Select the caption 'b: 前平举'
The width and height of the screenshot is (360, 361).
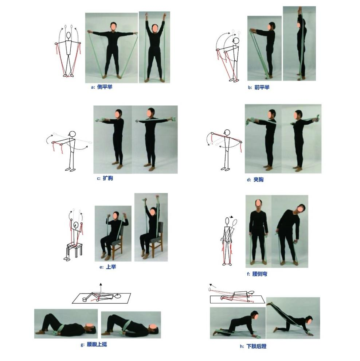(x=259, y=88)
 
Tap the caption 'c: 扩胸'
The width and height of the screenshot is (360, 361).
(x=105, y=178)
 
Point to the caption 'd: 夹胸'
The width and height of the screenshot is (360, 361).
(x=255, y=179)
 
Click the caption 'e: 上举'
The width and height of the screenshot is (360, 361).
(x=107, y=267)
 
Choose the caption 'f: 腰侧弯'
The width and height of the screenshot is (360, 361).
(x=257, y=274)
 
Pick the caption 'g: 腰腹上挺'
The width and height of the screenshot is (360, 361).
(x=94, y=345)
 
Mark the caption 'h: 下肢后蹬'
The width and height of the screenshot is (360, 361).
(x=253, y=346)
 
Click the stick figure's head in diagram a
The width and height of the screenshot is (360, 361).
(x=68, y=35)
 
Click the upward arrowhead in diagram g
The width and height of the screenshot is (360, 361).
(x=100, y=284)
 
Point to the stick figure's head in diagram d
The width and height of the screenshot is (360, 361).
(x=227, y=132)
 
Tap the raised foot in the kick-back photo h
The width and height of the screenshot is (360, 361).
(x=269, y=304)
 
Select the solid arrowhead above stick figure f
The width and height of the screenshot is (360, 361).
(x=232, y=217)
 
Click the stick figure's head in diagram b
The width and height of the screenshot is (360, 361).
(x=236, y=41)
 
